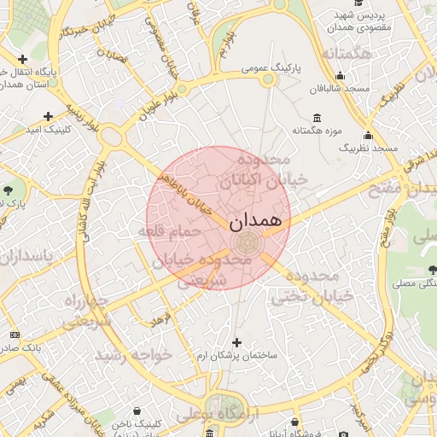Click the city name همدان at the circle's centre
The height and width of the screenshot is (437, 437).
(254, 219)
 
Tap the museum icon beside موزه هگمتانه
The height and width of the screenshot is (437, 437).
(318, 118)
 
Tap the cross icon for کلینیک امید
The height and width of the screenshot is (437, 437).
(48, 116)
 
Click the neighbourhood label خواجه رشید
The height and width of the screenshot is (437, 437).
(133, 354)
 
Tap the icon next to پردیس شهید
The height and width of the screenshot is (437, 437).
(367, 15)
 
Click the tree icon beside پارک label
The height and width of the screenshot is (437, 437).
(9, 189)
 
